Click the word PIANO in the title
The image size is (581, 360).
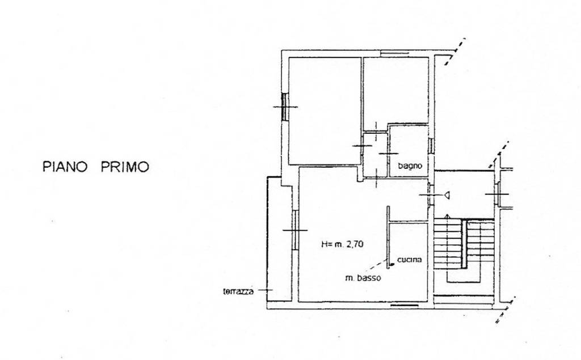(65, 167)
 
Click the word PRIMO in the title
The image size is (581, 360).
(125, 167)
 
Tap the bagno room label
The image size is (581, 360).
(410, 166)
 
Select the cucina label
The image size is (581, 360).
(409, 260)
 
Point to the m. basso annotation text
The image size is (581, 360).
(363, 278)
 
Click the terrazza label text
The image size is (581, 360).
(238, 291)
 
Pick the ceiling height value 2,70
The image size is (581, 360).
(355, 244)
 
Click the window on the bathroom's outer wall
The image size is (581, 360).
(431, 146)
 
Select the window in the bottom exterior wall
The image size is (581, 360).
(405, 306)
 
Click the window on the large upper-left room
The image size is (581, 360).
(285, 107)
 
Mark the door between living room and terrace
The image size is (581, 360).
(295, 230)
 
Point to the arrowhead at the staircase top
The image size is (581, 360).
(447, 216)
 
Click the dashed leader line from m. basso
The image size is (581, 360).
(377, 268)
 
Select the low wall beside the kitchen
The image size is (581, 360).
(388, 237)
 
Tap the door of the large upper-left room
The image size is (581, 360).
(362, 146)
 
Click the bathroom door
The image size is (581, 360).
(389, 153)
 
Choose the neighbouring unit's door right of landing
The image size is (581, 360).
(498, 194)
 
